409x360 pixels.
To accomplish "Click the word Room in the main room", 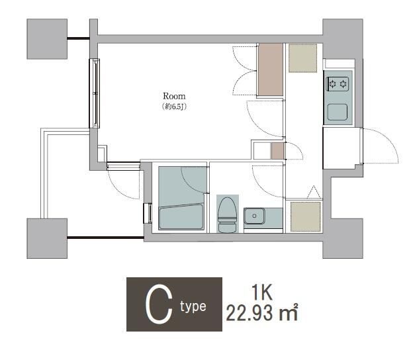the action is pyautogui.click(x=174, y=96).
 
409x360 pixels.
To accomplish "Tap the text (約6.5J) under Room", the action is pyautogui.click(x=174, y=107).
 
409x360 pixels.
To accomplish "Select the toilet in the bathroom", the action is pyautogui.click(x=227, y=214).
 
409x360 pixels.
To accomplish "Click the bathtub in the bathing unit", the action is pyautogui.click(x=181, y=216).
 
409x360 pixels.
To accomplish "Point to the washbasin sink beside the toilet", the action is pyautogui.click(x=254, y=216).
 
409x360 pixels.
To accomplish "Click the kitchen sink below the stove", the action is pyautogui.click(x=338, y=112).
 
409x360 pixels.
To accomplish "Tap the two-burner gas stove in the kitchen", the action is pyautogui.click(x=338, y=84).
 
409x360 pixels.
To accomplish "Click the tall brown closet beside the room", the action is pyautogui.click(x=271, y=69).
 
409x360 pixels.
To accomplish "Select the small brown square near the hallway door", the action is pyautogui.click(x=277, y=151).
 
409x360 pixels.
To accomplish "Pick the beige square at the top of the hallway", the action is pyautogui.click(x=302, y=58).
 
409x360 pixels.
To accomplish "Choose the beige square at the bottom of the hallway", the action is pyautogui.click(x=306, y=216).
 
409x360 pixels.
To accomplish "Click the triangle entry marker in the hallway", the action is pyautogui.click(x=314, y=192).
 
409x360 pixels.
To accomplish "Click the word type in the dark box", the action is pyautogui.click(x=193, y=307).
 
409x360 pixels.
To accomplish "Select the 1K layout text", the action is pyautogui.click(x=262, y=292).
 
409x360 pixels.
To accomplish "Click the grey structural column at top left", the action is pyautogui.click(x=47, y=39).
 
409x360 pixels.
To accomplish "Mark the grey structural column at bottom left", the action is pyautogui.click(x=47, y=238).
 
